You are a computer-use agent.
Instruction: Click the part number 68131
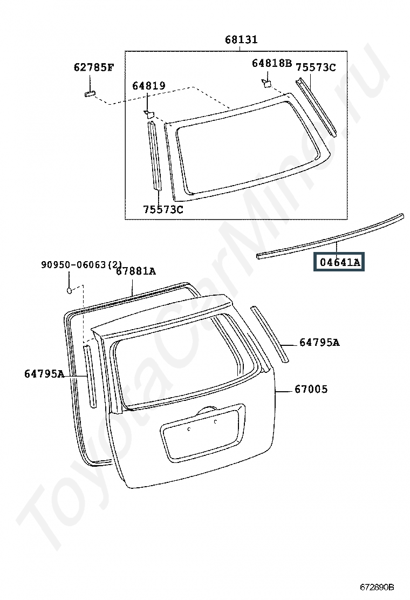[241, 39]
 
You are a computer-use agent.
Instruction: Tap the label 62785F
[94, 68]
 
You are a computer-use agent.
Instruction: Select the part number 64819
[149, 86]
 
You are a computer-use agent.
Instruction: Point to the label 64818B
[271, 63]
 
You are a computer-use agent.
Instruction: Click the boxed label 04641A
[339, 262]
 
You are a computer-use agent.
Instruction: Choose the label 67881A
[136, 271]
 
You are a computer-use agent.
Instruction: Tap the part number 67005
[311, 389]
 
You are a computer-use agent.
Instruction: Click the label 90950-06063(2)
[81, 264]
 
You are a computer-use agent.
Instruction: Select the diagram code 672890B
[377, 587]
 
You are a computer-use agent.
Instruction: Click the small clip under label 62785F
[90, 94]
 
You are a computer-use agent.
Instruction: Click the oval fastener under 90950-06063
[69, 290]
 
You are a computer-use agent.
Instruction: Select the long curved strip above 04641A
[331, 237]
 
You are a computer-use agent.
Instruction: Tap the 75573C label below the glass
[163, 210]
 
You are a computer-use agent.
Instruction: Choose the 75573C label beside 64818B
[316, 68]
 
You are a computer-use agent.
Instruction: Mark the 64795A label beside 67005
[319, 343]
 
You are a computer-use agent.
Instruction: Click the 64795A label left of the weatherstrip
[44, 374]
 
